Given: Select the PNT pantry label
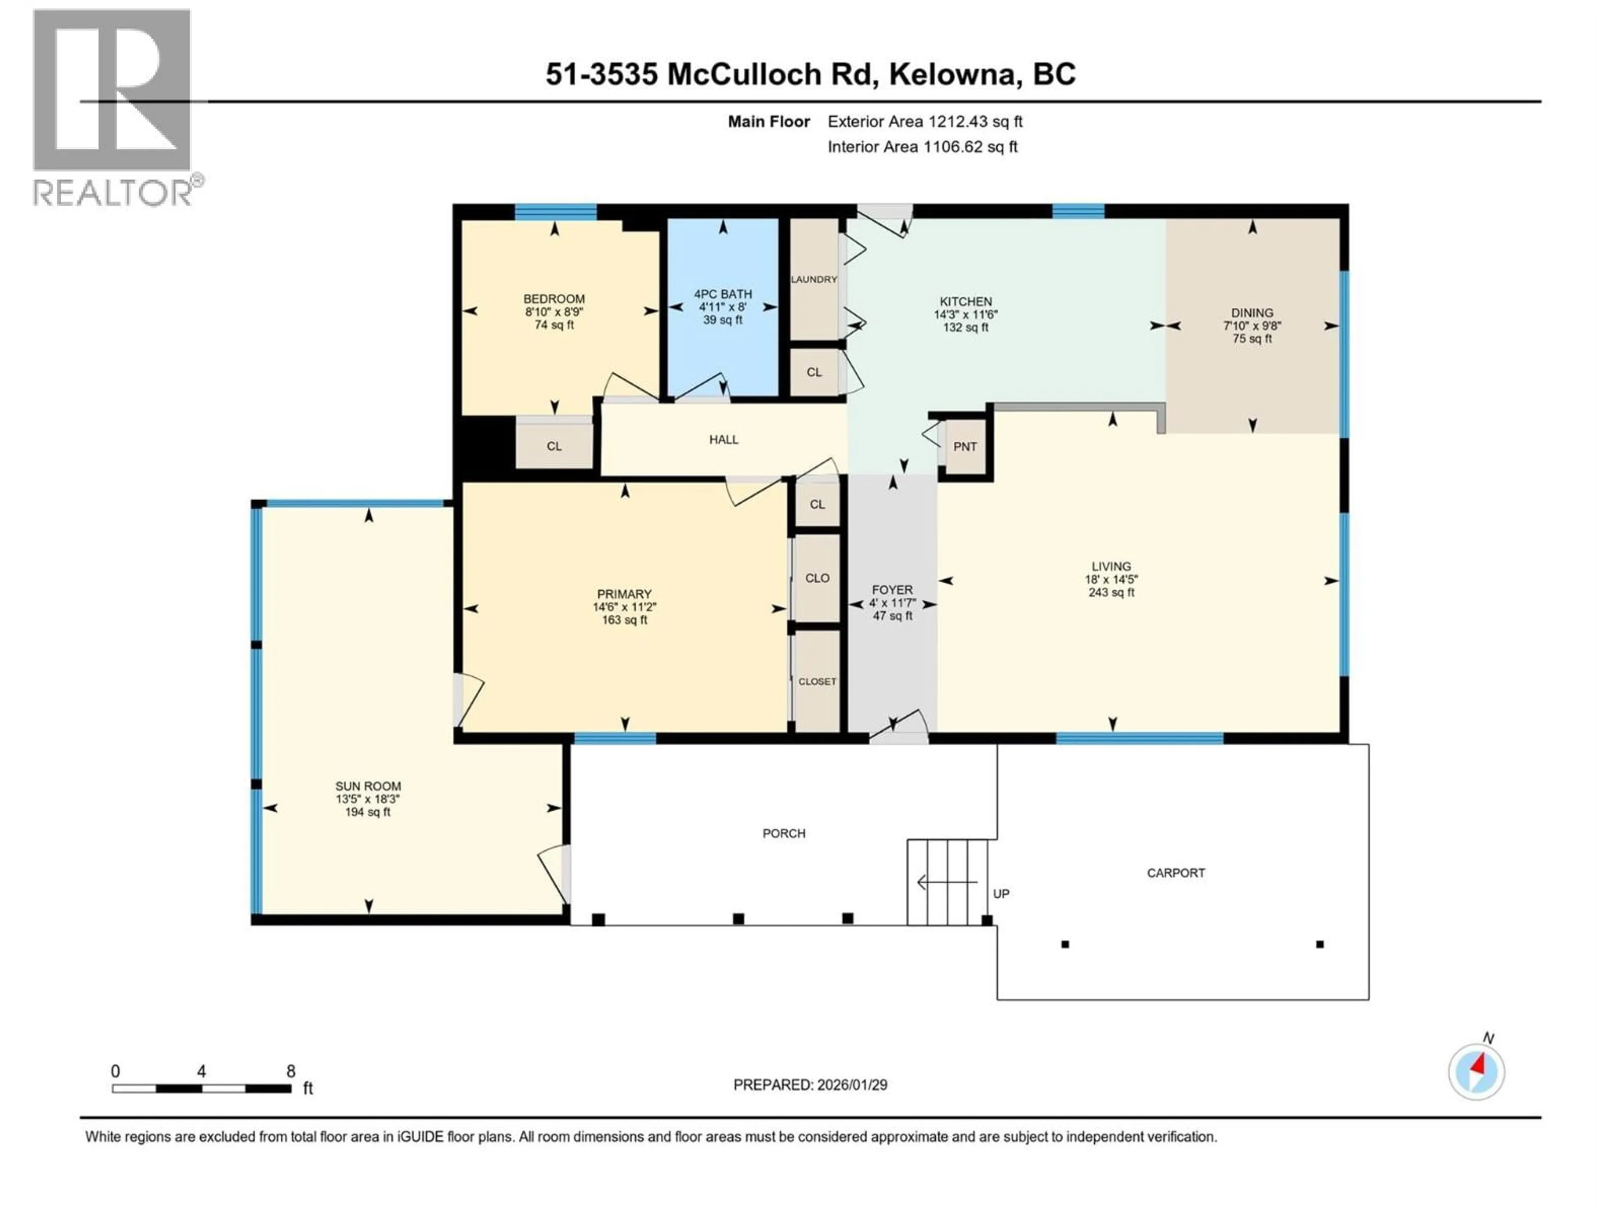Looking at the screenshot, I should pos(965,446).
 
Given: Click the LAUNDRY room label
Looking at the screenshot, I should pos(814,279).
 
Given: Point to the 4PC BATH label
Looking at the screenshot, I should pos(723,294).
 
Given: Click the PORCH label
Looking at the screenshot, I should pos(784,833).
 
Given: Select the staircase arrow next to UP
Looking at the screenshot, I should pos(946,882).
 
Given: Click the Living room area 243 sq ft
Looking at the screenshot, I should pos(1111,592).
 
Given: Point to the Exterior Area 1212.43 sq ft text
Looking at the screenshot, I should pos(925,122).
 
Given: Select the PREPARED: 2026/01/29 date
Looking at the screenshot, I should pos(810,1085).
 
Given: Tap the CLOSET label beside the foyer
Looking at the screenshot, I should pos(817,681).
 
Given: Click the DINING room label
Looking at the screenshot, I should pos(1252,313).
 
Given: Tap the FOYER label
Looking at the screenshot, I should pos(892,590).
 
